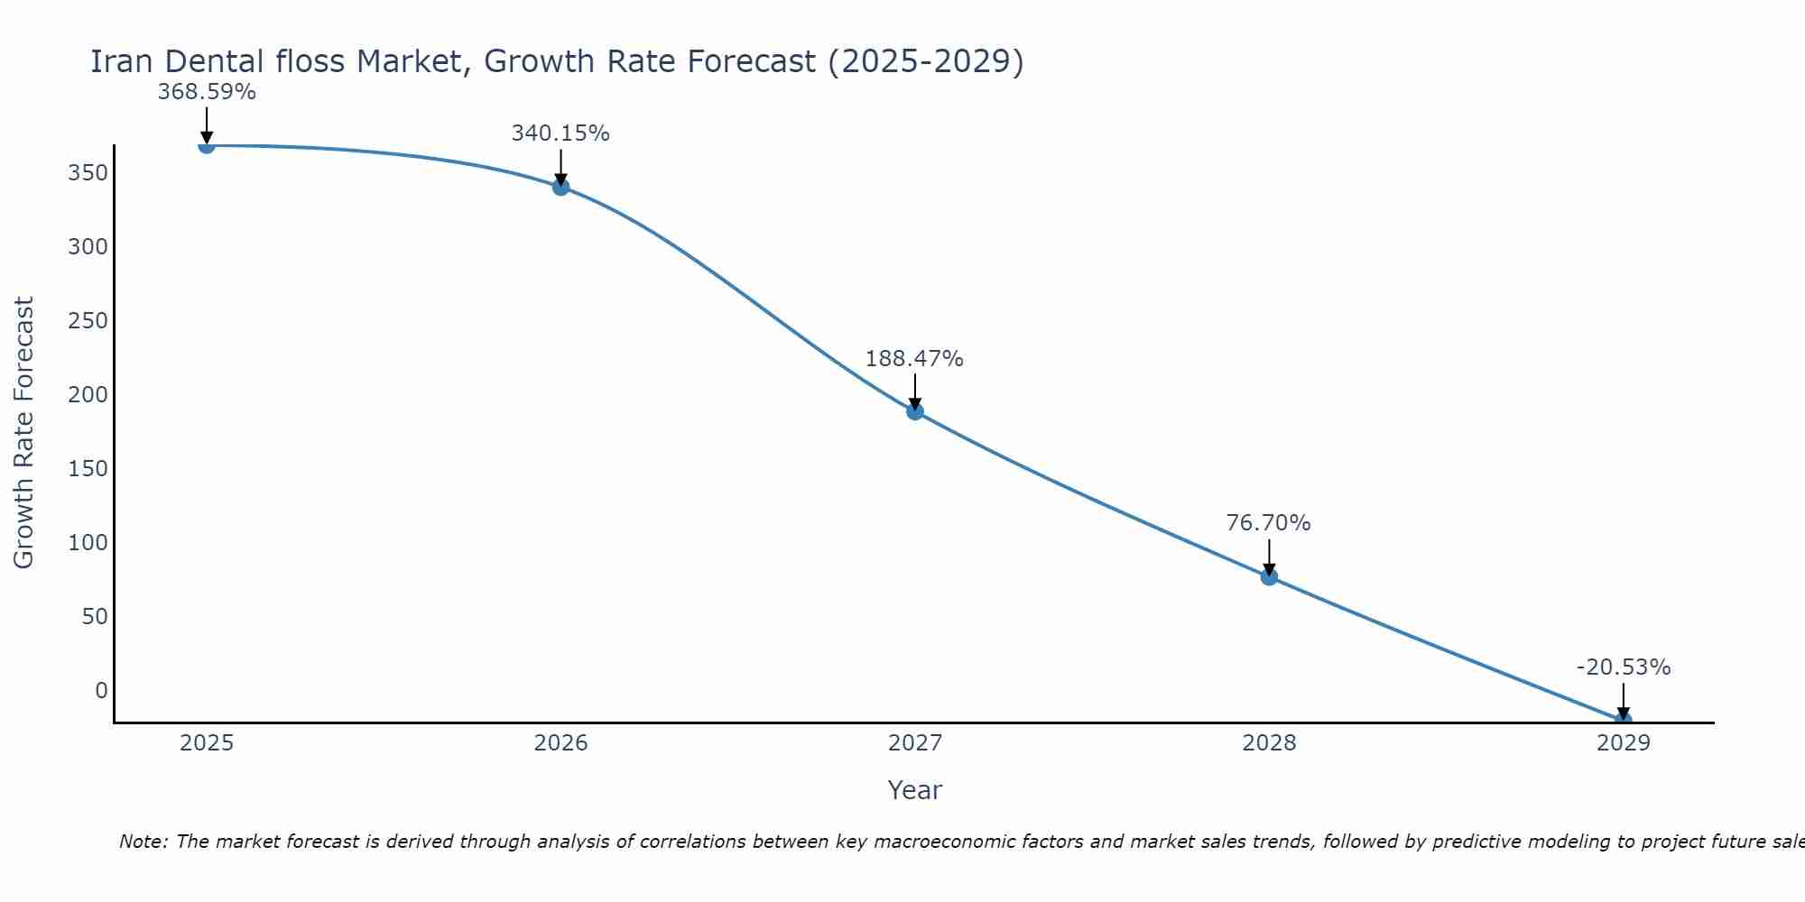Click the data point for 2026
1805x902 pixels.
(x=560, y=187)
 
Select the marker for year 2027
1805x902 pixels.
(x=915, y=411)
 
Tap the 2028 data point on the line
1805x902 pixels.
(x=1269, y=576)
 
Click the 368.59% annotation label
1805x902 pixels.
(x=207, y=92)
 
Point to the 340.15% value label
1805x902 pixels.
(x=560, y=133)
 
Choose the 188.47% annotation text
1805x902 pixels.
(x=914, y=359)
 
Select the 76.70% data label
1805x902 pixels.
(x=1268, y=523)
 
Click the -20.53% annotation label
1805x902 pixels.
(x=1624, y=667)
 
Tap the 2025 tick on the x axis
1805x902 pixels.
(x=207, y=743)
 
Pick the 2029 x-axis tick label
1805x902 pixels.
(x=1624, y=743)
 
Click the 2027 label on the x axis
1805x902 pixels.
(x=915, y=743)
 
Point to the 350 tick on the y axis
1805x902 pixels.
(x=88, y=173)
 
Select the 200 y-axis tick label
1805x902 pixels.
(x=88, y=395)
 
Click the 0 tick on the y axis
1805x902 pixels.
(x=101, y=691)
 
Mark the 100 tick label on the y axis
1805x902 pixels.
(x=88, y=543)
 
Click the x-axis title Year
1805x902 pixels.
(x=914, y=790)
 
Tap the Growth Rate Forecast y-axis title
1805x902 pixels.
(x=24, y=433)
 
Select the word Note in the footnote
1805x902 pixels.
(x=142, y=842)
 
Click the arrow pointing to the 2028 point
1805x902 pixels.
(x=1269, y=557)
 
